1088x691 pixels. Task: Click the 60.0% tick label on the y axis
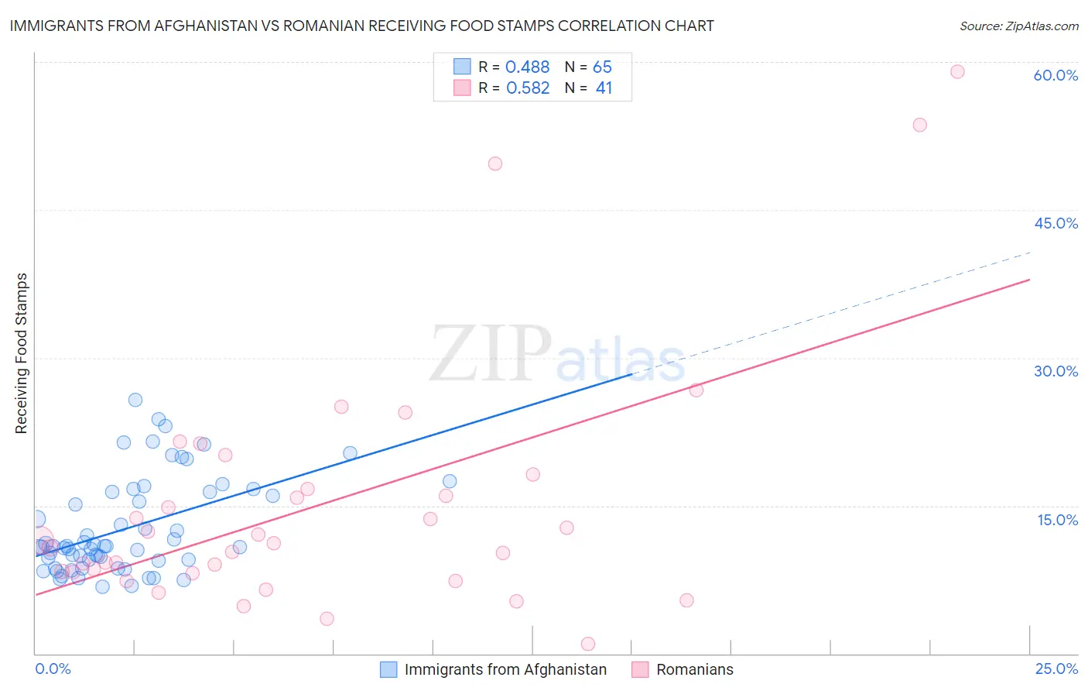coord(1055,75)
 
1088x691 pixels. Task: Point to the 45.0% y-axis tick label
coord(1055,223)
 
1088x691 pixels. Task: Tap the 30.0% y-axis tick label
coord(1055,371)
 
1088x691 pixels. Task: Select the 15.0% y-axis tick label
coord(1057,520)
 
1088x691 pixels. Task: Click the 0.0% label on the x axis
coord(53,669)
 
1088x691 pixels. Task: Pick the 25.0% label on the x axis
coord(1056,669)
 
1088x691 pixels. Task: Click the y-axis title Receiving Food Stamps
coord(21,353)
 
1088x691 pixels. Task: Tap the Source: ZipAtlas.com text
coord(1018,26)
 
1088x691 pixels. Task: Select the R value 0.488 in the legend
coord(527,67)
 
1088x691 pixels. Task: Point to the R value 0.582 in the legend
coord(527,88)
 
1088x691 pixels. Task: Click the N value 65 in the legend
coord(602,67)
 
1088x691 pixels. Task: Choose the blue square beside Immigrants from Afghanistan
coord(388,669)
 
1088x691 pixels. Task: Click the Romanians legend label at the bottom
coord(694,669)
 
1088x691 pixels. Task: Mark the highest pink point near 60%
coord(957,71)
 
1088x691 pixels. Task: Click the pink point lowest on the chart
coord(588,644)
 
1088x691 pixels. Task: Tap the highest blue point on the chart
coord(135,400)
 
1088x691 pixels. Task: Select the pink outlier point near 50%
coord(495,163)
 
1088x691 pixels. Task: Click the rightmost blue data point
coord(450,481)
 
